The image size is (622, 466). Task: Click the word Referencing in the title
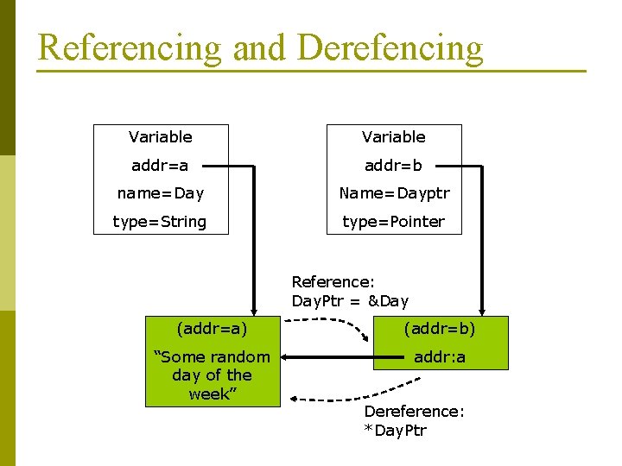130,47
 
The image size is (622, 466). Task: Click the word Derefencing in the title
390,47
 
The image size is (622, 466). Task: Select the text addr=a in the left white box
160,164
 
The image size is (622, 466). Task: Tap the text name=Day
160,193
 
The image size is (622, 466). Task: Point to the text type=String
160,222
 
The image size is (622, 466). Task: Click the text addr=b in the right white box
393,164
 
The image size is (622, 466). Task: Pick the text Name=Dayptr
394,193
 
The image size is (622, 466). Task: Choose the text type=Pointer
393,222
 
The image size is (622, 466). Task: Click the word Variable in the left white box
160,136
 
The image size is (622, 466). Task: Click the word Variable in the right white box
393,136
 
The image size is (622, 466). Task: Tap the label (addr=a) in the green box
212,329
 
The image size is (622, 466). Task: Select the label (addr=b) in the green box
441,329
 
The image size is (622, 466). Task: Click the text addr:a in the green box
441,356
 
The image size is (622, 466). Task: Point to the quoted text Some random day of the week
212,375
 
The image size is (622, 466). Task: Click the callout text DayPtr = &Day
350,301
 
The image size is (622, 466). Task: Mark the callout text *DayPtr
396,430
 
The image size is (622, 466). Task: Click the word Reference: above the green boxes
332,281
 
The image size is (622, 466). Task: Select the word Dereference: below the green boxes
414,412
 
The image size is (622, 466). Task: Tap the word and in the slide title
260,47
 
